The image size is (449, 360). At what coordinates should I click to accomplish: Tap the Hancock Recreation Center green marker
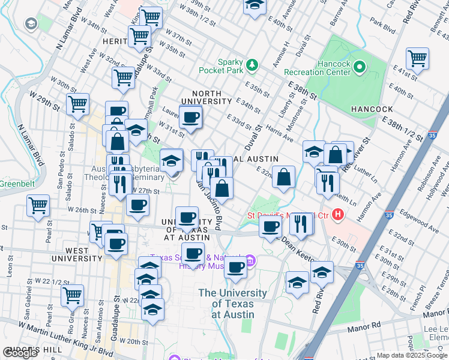point(360,66)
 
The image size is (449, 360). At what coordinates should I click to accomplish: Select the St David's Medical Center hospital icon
point(339,214)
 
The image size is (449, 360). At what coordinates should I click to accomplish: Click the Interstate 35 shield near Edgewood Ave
point(389,214)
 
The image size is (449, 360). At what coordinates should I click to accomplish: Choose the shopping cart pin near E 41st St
point(417,59)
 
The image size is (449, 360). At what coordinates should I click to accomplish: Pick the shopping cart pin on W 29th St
point(77,104)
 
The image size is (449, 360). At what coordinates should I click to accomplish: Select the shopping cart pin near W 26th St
point(38,205)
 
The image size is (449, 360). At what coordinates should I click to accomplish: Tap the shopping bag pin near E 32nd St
point(283,176)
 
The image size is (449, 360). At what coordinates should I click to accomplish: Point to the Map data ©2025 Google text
point(411,355)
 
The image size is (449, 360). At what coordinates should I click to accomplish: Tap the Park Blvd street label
point(383,28)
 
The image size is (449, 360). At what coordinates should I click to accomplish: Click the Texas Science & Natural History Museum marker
point(250,260)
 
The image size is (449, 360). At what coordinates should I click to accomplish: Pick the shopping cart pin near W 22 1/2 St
point(71,295)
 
